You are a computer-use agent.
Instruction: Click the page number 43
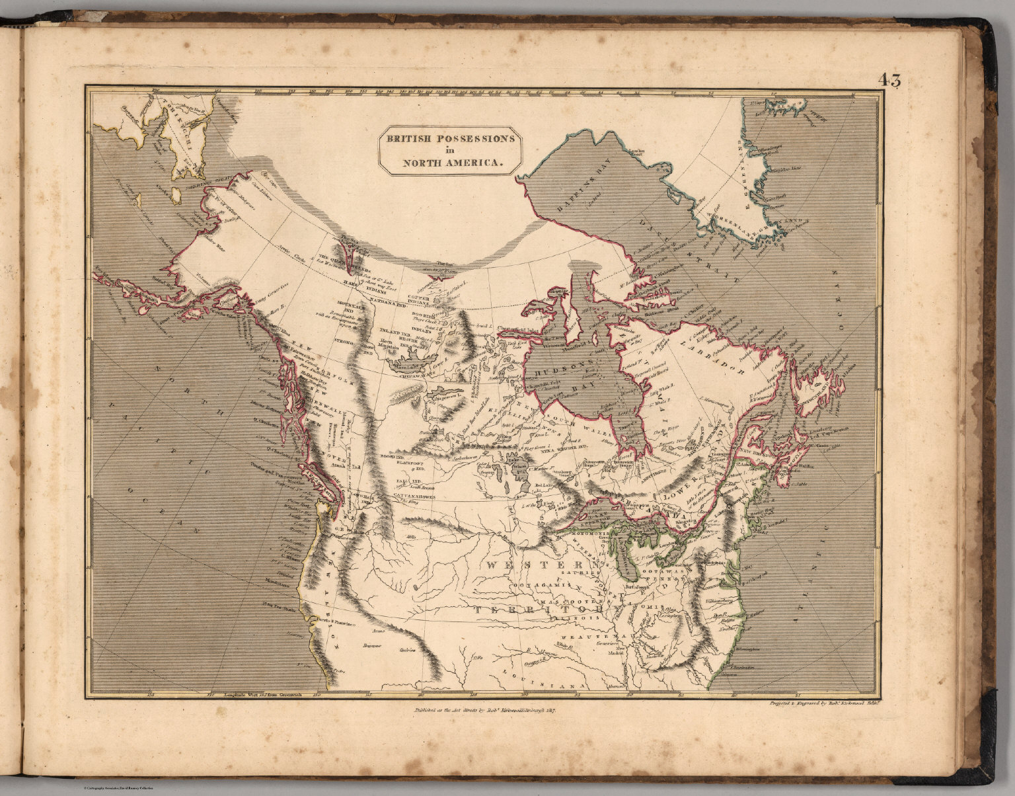click(889, 81)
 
